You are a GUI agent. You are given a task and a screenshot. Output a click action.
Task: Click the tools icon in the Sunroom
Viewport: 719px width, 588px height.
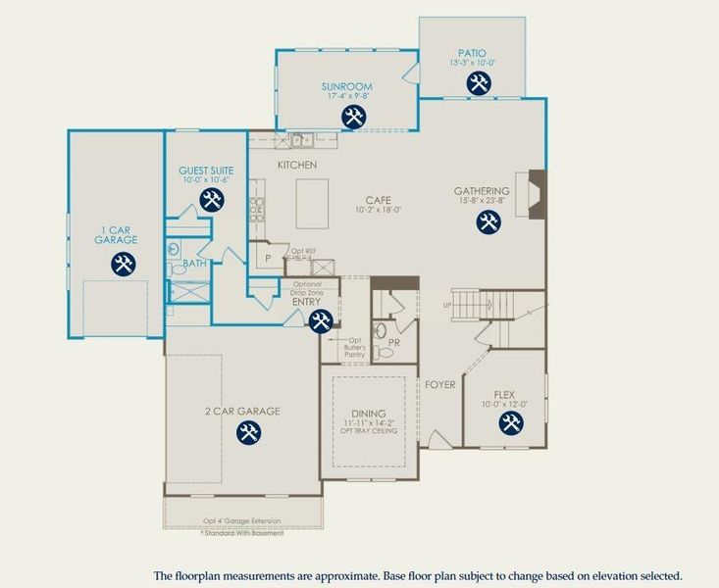coord(353,118)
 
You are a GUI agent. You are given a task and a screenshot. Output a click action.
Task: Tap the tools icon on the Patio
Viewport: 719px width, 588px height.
coord(480,85)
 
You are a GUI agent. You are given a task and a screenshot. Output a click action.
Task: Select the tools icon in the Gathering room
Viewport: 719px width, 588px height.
coord(488,221)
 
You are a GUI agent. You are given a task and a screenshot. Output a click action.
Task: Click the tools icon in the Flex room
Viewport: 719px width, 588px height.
coord(510,423)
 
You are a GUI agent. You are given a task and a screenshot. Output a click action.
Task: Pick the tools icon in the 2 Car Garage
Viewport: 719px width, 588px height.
coord(249,432)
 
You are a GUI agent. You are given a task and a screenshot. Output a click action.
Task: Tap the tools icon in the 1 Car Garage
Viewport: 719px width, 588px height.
coord(123,263)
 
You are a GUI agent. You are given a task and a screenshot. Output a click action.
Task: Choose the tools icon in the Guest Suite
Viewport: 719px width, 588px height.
coord(211,200)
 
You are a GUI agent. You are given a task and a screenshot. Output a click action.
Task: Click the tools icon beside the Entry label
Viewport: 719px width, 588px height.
coord(320,320)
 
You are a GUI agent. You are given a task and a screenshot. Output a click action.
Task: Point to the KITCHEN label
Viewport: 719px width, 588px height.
coord(297,166)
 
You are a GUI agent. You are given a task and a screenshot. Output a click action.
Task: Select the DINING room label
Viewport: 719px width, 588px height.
coord(369,414)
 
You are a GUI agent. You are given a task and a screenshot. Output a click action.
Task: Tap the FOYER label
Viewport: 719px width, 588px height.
coord(439,385)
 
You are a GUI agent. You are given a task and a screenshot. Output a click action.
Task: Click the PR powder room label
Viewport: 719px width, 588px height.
coord(393,343)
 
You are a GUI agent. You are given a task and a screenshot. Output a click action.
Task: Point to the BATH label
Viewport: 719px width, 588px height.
coord(193,263)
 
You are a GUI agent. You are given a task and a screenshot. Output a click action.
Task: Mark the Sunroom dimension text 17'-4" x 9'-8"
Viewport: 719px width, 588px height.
coord(346,97)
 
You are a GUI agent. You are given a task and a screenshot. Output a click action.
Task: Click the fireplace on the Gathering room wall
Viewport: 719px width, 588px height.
coord(536,191)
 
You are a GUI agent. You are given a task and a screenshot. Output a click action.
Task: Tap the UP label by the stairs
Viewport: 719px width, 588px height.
coord(448,305)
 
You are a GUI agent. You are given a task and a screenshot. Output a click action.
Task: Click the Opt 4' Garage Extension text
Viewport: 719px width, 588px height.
coord(241,520)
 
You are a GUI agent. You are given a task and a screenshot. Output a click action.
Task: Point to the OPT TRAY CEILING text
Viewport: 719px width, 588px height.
coord(369,431)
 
